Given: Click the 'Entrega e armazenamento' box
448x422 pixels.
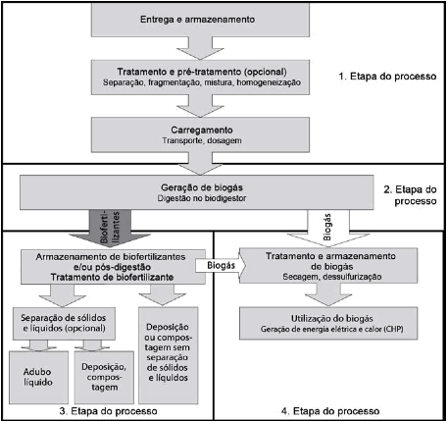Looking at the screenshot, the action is [x=200, y=20].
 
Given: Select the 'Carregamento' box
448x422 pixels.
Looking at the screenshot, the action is [x=200, y=134].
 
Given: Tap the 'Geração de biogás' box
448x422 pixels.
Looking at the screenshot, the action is [x=197, y=192].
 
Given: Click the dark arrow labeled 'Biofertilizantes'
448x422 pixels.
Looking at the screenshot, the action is [x=110, y=229].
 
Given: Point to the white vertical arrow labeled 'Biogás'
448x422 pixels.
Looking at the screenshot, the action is [x=328, y=228].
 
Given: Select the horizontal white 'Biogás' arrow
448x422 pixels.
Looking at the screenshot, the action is [x=221, y=265].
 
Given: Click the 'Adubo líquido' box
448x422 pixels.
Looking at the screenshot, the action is [x=38, y=377].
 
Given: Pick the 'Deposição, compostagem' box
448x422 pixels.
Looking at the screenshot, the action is [x=104, y=377].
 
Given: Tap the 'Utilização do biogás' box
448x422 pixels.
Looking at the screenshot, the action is [x=328, y=323].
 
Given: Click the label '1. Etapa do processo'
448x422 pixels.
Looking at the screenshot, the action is [x=387, y=77].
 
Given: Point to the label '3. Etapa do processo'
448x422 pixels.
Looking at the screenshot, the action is [x=108, y=411].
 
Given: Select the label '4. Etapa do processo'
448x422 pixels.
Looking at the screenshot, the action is [x=330, y=411].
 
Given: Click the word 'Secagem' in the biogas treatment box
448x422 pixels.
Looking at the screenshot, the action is [x=301, y=277].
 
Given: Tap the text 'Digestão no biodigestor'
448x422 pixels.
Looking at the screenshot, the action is [x=202, y=198].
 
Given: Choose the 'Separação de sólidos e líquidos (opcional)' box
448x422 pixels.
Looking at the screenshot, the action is [x=64, y=323].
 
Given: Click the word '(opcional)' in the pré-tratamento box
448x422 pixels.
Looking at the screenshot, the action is [x=265, y=72].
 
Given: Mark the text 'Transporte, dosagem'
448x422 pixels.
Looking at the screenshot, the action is [x=202, y=140].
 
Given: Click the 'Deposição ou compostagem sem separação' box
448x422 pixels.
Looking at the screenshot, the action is [x=169, y=355].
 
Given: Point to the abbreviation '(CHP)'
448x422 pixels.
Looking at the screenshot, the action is [x=393, y=329].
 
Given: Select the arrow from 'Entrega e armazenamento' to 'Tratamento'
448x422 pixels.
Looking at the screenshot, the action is [x=200, y=48].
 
